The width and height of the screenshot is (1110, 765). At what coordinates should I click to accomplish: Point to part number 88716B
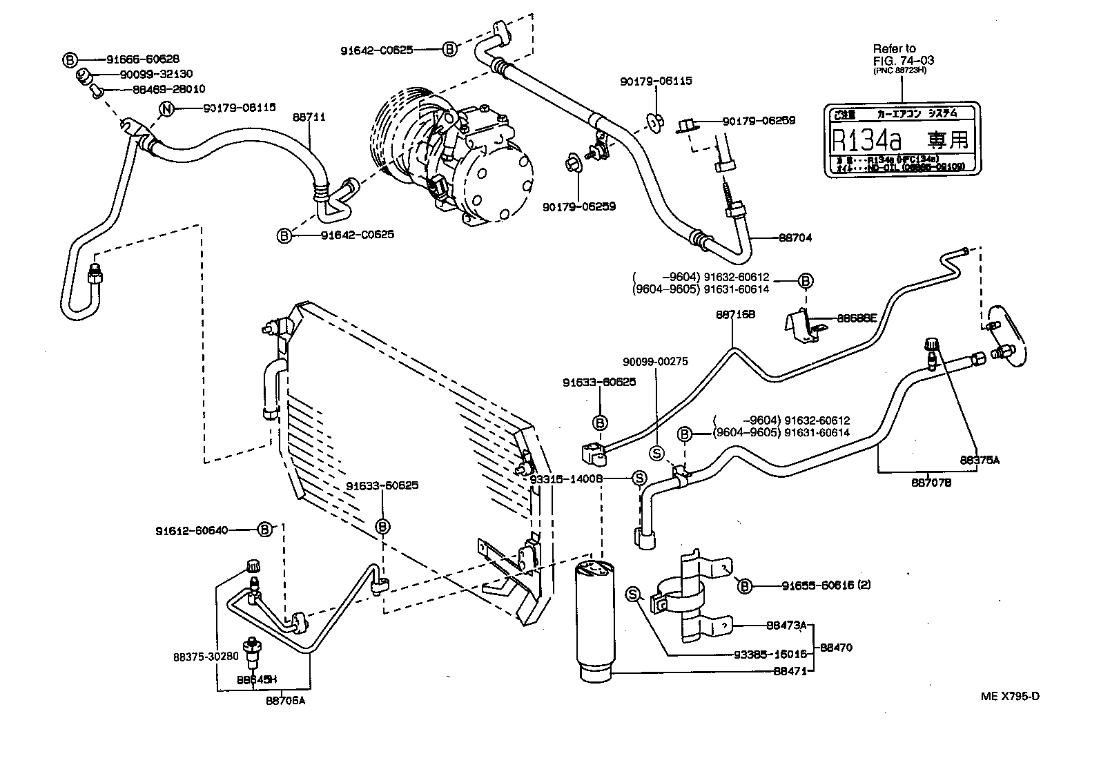[x=735, y=314]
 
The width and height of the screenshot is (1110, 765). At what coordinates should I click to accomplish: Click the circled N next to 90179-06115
[x=166, y=108]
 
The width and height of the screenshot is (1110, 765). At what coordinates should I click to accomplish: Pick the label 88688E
[x=856, y=318]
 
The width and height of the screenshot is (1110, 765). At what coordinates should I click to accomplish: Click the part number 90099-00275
[x=655, y=361]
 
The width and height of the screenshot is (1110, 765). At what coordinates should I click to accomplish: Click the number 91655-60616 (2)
[x=826, y=585]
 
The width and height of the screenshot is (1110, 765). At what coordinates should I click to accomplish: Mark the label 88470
[x=836, y=648]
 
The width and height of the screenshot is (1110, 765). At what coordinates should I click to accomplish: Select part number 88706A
[x=285, y=701]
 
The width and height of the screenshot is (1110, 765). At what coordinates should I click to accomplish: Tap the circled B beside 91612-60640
[x=264, y=530]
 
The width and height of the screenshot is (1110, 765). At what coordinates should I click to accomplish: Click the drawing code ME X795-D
[x=1009, y=696]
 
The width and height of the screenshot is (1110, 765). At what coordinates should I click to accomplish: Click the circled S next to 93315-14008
[x=639, y=478]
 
